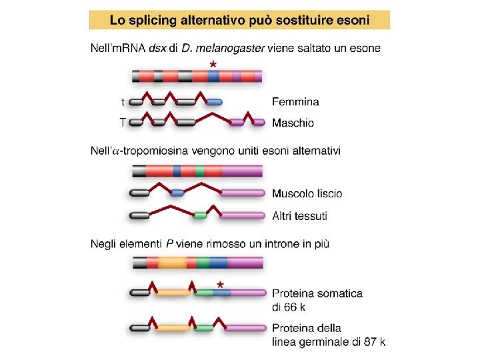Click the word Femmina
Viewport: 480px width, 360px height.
click(295, 102)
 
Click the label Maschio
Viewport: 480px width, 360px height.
click(293, 123)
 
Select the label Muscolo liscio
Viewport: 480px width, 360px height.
click(307, 194)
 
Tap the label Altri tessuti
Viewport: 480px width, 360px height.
click(299, 215)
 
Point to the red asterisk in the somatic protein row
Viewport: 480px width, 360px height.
click(220, 285)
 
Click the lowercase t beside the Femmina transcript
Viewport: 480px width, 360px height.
click(123, 102)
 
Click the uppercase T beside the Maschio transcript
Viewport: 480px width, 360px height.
click(123, 123)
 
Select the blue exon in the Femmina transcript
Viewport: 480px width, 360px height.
click(214, 102)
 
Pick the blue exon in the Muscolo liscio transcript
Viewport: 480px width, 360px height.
click(177, 193)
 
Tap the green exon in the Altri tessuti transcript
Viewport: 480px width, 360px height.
click(200, 215)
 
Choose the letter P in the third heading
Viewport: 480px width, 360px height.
click(169, 244)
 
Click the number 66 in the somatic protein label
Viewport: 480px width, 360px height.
click(290, 307)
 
